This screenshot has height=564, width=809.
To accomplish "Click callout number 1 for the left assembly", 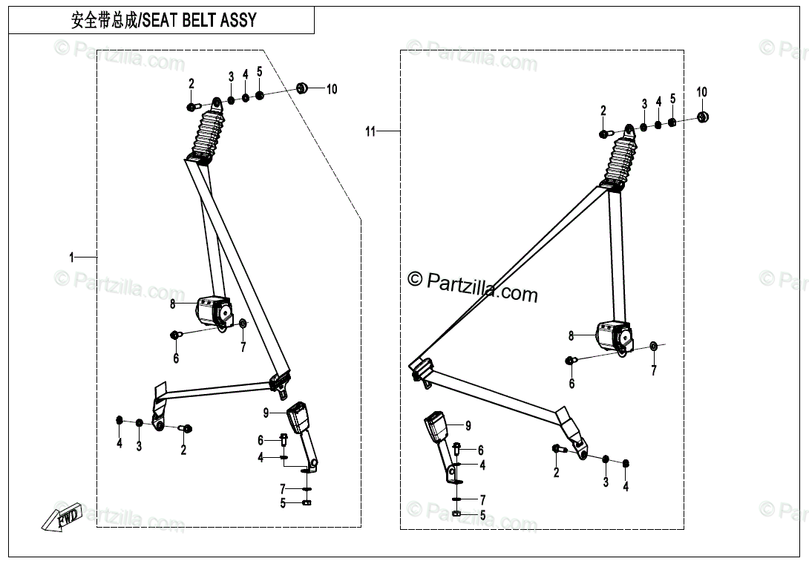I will (x=72, y=258).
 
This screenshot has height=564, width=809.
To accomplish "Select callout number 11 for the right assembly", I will (x=371, y=132).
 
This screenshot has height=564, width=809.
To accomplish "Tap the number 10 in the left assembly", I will (x=332, y=89).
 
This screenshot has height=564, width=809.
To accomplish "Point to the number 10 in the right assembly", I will (x=701, y=92).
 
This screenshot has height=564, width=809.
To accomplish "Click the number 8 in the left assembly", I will (x=172, y=304).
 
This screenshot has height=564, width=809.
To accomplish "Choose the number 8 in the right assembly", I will (x=571, y=336).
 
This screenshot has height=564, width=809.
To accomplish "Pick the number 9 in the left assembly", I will (x=265, y=412).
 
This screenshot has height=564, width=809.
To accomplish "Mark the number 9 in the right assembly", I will (x=468, y=426).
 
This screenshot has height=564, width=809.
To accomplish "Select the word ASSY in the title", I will (x=238, y=20).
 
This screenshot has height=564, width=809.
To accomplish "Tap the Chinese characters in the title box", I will (x=104, y=20).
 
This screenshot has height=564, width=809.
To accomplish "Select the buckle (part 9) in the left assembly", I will (x=298, y=417).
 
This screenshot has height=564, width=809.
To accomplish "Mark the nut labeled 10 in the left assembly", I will (x=303, y=88).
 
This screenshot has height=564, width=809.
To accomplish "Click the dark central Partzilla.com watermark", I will (x=473, y=286).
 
